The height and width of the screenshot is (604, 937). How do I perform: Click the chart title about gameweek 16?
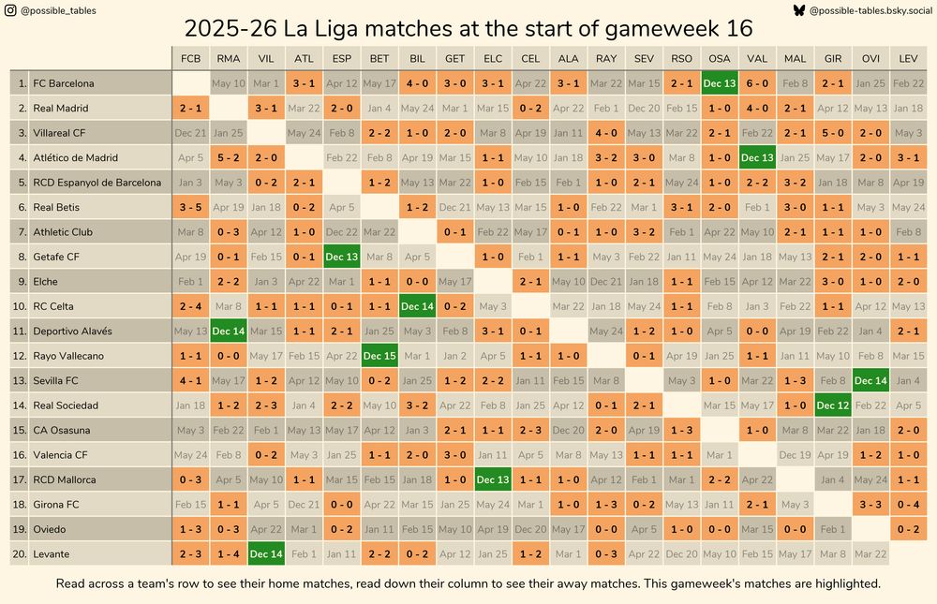pyautogui.click(x=468, y=28)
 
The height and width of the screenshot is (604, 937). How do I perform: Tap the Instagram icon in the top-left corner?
pyautogui.click(x=9, y=10)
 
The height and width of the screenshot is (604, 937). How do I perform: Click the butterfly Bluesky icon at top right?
pyautogui.click(x=798, y=10)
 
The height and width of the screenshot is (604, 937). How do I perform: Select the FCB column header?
pyautogui.click(x=190, y=58)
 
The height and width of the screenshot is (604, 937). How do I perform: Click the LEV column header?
pyautogui.click(x=908, y=58)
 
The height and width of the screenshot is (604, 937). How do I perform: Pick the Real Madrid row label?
pyautogui.click(x=61, y=108)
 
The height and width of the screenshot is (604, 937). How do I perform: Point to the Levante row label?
pyautogui.click(x=52, y=553)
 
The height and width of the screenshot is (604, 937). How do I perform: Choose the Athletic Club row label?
pyautogui.click(x=64, y=231)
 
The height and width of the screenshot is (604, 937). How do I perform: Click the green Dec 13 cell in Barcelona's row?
pyautogui.click(x=719, y=83)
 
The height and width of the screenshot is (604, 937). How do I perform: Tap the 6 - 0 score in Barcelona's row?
pyautogui.click(x=757, y=83)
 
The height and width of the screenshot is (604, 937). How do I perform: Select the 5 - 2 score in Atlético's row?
pyautogui.click(x=229, y=157)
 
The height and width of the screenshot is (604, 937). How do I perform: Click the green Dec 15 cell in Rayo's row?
pyautogui.click(x=379, y=356)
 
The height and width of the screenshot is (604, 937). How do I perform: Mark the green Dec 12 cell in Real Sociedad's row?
pyautogui.click(x=832, y=405)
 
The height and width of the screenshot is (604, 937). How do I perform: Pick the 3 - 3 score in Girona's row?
pyautogui.click(x=870, y=504)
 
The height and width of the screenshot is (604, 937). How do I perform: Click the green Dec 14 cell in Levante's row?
pyautogui.click(x=266, y=553)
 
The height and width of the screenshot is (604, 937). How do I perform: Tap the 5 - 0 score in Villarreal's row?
pyautogui.click(x=832, y=133)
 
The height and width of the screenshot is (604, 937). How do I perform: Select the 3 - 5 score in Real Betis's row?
pyautogui.click(x=190, y=207)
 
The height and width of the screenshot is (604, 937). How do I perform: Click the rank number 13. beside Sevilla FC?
pyautogui.click(x=19, y=380)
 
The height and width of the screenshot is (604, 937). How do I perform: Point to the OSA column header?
pyautogui.click(x=719, y=58)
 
